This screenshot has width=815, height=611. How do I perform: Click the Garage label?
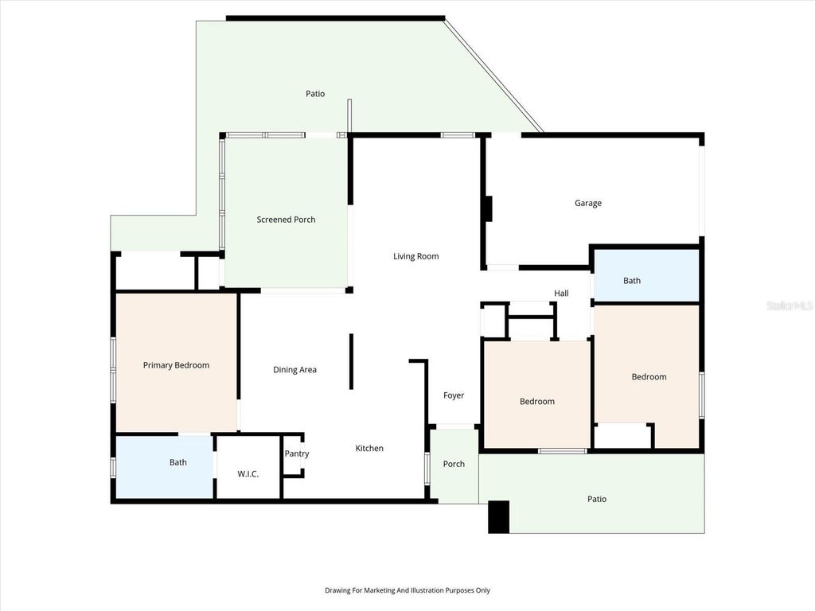[588, 203]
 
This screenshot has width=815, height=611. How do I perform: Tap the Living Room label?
[415, 256]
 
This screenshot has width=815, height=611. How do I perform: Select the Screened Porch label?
[286, 220]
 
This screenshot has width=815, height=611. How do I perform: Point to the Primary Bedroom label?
[176, 365]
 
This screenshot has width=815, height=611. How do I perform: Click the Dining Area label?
[294, 369]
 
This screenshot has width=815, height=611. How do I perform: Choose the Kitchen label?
[369, 448]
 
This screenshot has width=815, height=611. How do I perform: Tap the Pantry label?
[297, 453]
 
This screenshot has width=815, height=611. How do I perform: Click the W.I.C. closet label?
[248, 474]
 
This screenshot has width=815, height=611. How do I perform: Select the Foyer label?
[453, 395]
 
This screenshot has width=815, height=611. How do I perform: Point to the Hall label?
[561, 293]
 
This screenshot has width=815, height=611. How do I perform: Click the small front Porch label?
[454, 464]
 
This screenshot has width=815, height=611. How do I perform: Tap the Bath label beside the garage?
[632, 280]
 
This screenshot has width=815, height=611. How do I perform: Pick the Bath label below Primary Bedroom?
[177, 462]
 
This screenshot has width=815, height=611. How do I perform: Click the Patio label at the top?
[315, 94]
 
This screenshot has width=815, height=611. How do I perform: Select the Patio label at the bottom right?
[597, 499]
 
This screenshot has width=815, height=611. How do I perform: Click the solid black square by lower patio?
[498, 517]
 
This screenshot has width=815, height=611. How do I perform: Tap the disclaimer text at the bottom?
[407, 590]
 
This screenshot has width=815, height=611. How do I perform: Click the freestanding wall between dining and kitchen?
[351, 362]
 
